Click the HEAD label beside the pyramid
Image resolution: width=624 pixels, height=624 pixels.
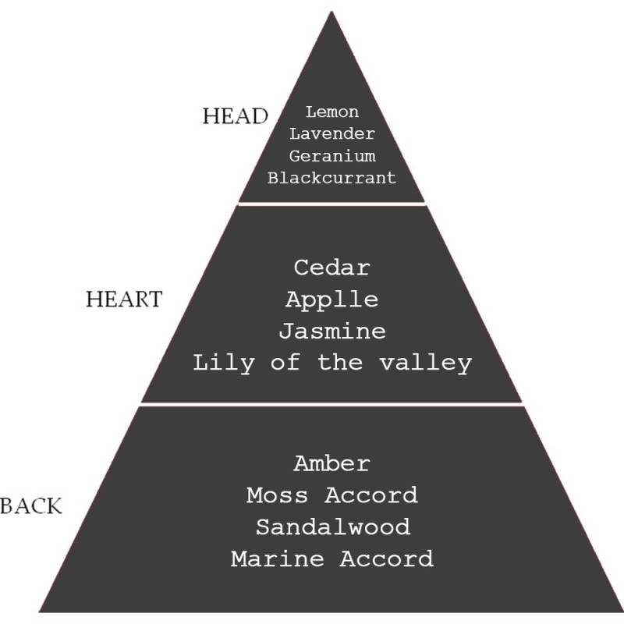(236, 116)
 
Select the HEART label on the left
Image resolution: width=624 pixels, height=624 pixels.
(124, 300)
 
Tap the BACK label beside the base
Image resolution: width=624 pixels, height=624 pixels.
(31, 506)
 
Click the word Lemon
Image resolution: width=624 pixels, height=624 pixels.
(332, 112)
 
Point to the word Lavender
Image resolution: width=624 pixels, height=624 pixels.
(332, 133)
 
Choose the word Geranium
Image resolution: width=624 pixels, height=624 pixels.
(332, 155)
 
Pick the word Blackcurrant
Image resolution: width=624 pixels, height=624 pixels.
(332, 178)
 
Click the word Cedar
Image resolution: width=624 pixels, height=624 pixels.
(332, 268)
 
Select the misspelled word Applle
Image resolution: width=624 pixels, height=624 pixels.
(332, 300)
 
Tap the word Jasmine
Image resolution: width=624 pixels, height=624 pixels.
(332, 331)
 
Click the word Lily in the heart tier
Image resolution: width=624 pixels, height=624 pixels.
(224, 363)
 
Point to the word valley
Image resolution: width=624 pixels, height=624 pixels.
(426, 363)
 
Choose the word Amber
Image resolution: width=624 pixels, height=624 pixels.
(332, 463)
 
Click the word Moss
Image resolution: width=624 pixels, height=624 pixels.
(277, 495)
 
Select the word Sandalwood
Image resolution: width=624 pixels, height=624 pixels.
(333, 527)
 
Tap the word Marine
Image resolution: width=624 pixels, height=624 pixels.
(278, 558)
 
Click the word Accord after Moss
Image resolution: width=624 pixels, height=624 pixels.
(371, 495)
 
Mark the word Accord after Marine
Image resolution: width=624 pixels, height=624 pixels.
(386, 558)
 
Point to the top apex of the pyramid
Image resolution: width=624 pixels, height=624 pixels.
(331, 12)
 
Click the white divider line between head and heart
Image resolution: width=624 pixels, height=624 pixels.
(332, 204)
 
